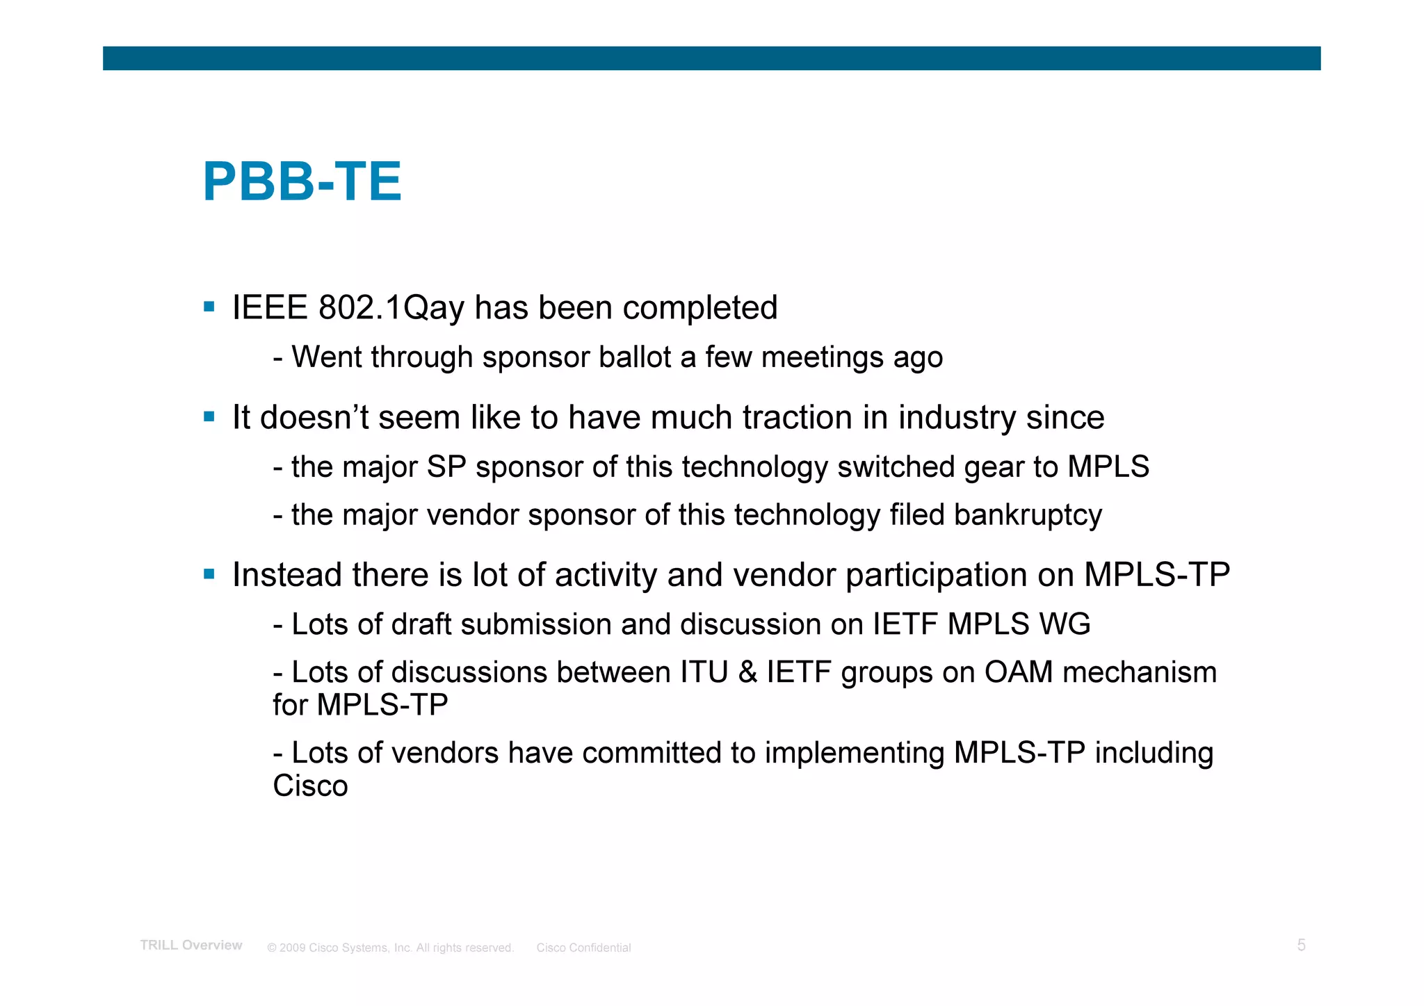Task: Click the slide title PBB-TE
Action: coord(302,182)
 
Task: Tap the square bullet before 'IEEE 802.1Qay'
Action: coord(209,306)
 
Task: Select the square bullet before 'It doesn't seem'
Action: coord(209,416)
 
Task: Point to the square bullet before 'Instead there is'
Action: coord(209,574)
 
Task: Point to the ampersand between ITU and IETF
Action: coord(747,672)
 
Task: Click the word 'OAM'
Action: coord(1018,672)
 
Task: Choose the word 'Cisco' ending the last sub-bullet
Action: coord(310,786)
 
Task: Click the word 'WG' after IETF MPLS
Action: coord(1065,624)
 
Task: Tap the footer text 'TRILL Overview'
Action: coord(191,946)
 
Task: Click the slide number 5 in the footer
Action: coord(1301,946)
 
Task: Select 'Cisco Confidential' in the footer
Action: coord(583,948)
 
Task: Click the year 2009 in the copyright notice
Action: coord(292,948)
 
